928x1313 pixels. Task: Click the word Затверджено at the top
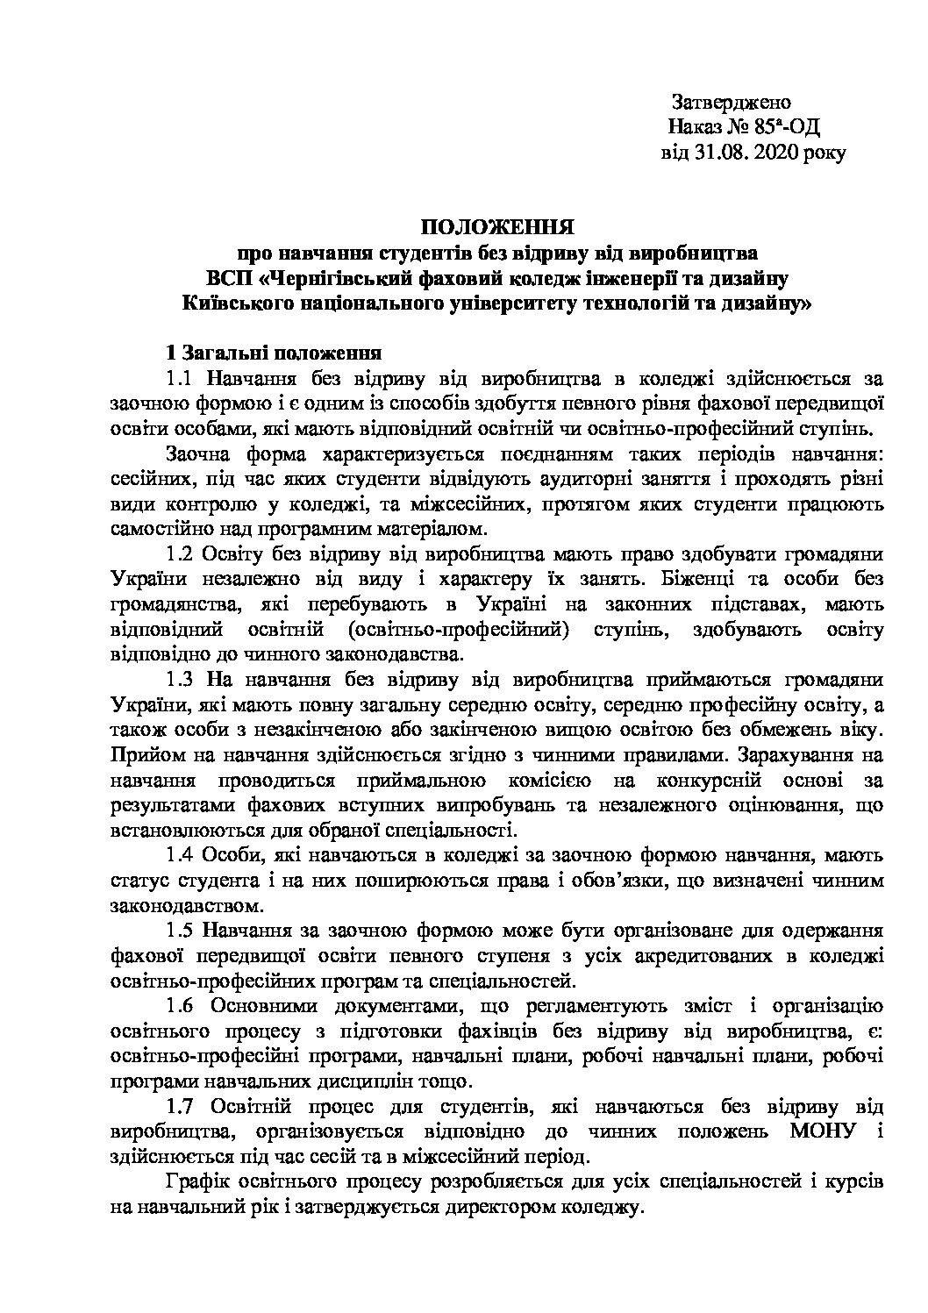(x=731, y=102)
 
